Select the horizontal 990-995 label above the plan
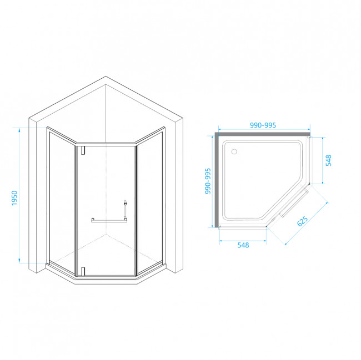[x=263, y=126]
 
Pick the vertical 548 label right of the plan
[x=329, y=161]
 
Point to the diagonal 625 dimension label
[x=303, y=221]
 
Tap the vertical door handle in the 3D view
[x=126, y=210]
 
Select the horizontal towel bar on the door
[x=109, y=220]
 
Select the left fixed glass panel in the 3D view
[x=61, y=200]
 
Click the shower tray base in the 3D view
[x=106, y=277]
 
